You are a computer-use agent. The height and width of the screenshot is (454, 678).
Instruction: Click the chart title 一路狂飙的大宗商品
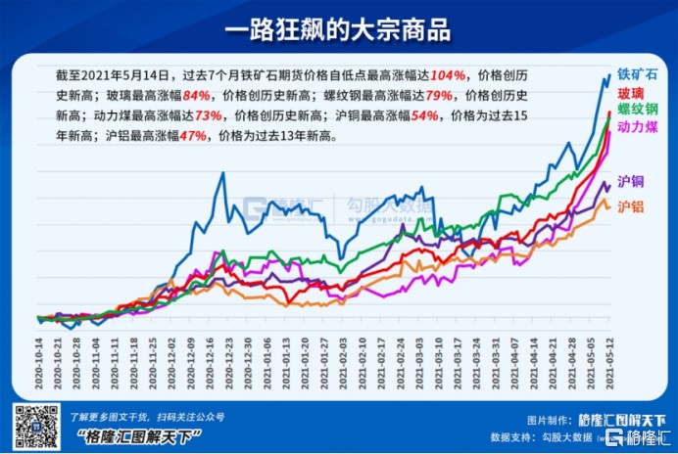coord(338,28)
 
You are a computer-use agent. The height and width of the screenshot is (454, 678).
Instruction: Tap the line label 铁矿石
coord(638,74)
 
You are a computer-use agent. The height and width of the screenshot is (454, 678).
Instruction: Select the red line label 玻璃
coord(630,93)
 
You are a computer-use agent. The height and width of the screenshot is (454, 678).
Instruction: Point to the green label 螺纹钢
coord(637,110)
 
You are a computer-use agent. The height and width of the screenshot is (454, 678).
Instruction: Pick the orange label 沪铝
coord(630,203)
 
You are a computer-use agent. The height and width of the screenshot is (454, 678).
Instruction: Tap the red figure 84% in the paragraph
coord(196,95)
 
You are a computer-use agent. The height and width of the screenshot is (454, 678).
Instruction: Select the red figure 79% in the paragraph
coord(438,95)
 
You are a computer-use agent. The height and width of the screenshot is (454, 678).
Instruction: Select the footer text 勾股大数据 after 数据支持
coord(560,436)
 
